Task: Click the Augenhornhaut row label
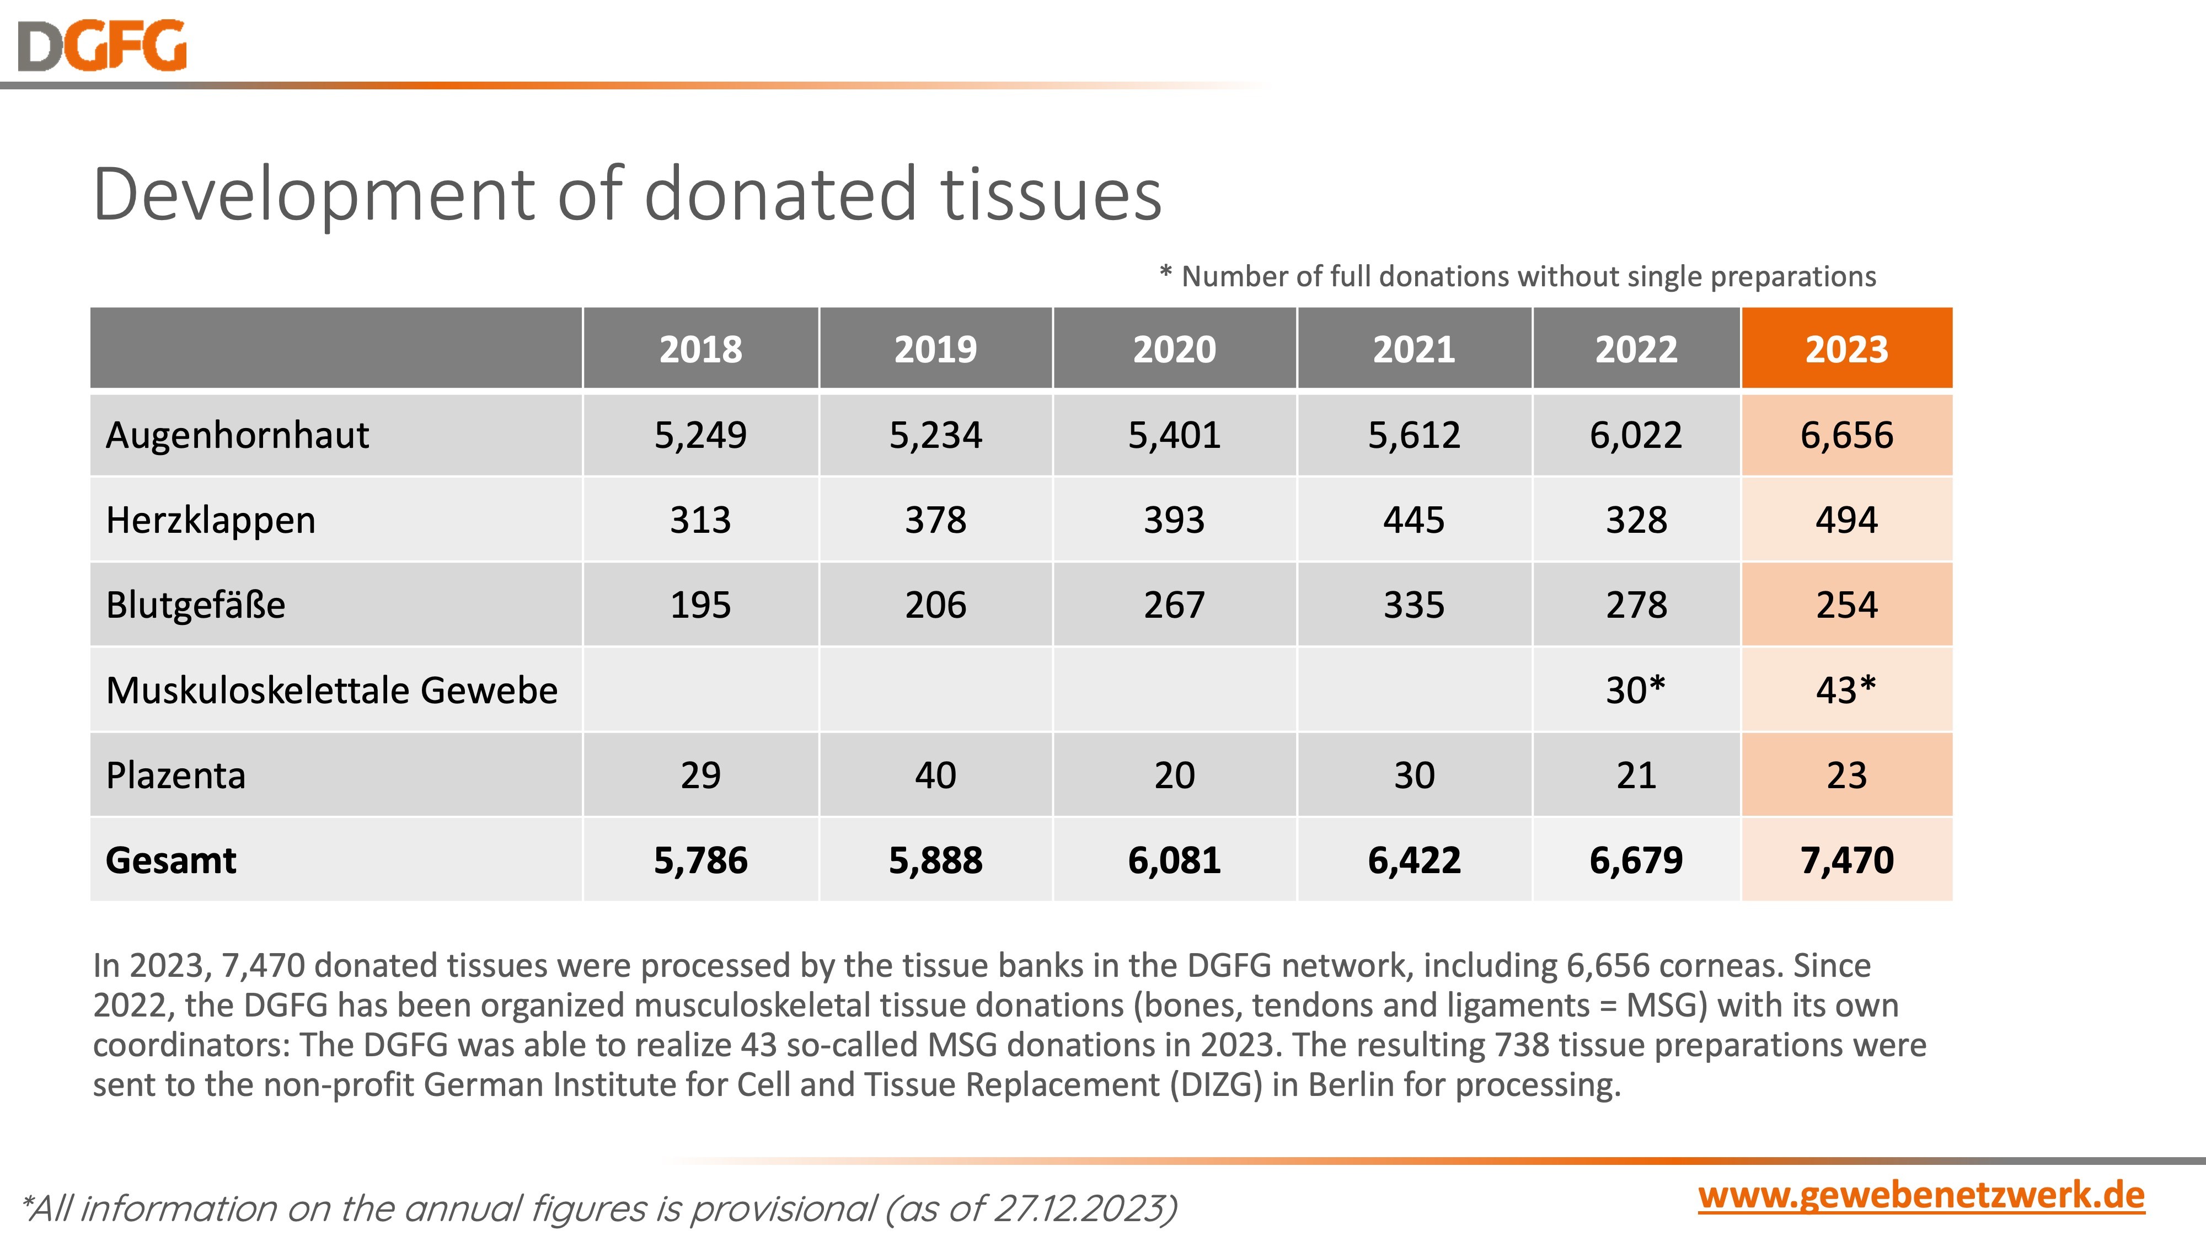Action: (237, 435)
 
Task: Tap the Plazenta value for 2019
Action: (935, 775)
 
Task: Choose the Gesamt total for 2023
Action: (1846, 860)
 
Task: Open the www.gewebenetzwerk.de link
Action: (1921, 1195)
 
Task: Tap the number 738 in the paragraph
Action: (1521, 1045)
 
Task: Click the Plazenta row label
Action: (175, 775)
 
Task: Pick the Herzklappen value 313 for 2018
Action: (700, 520)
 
